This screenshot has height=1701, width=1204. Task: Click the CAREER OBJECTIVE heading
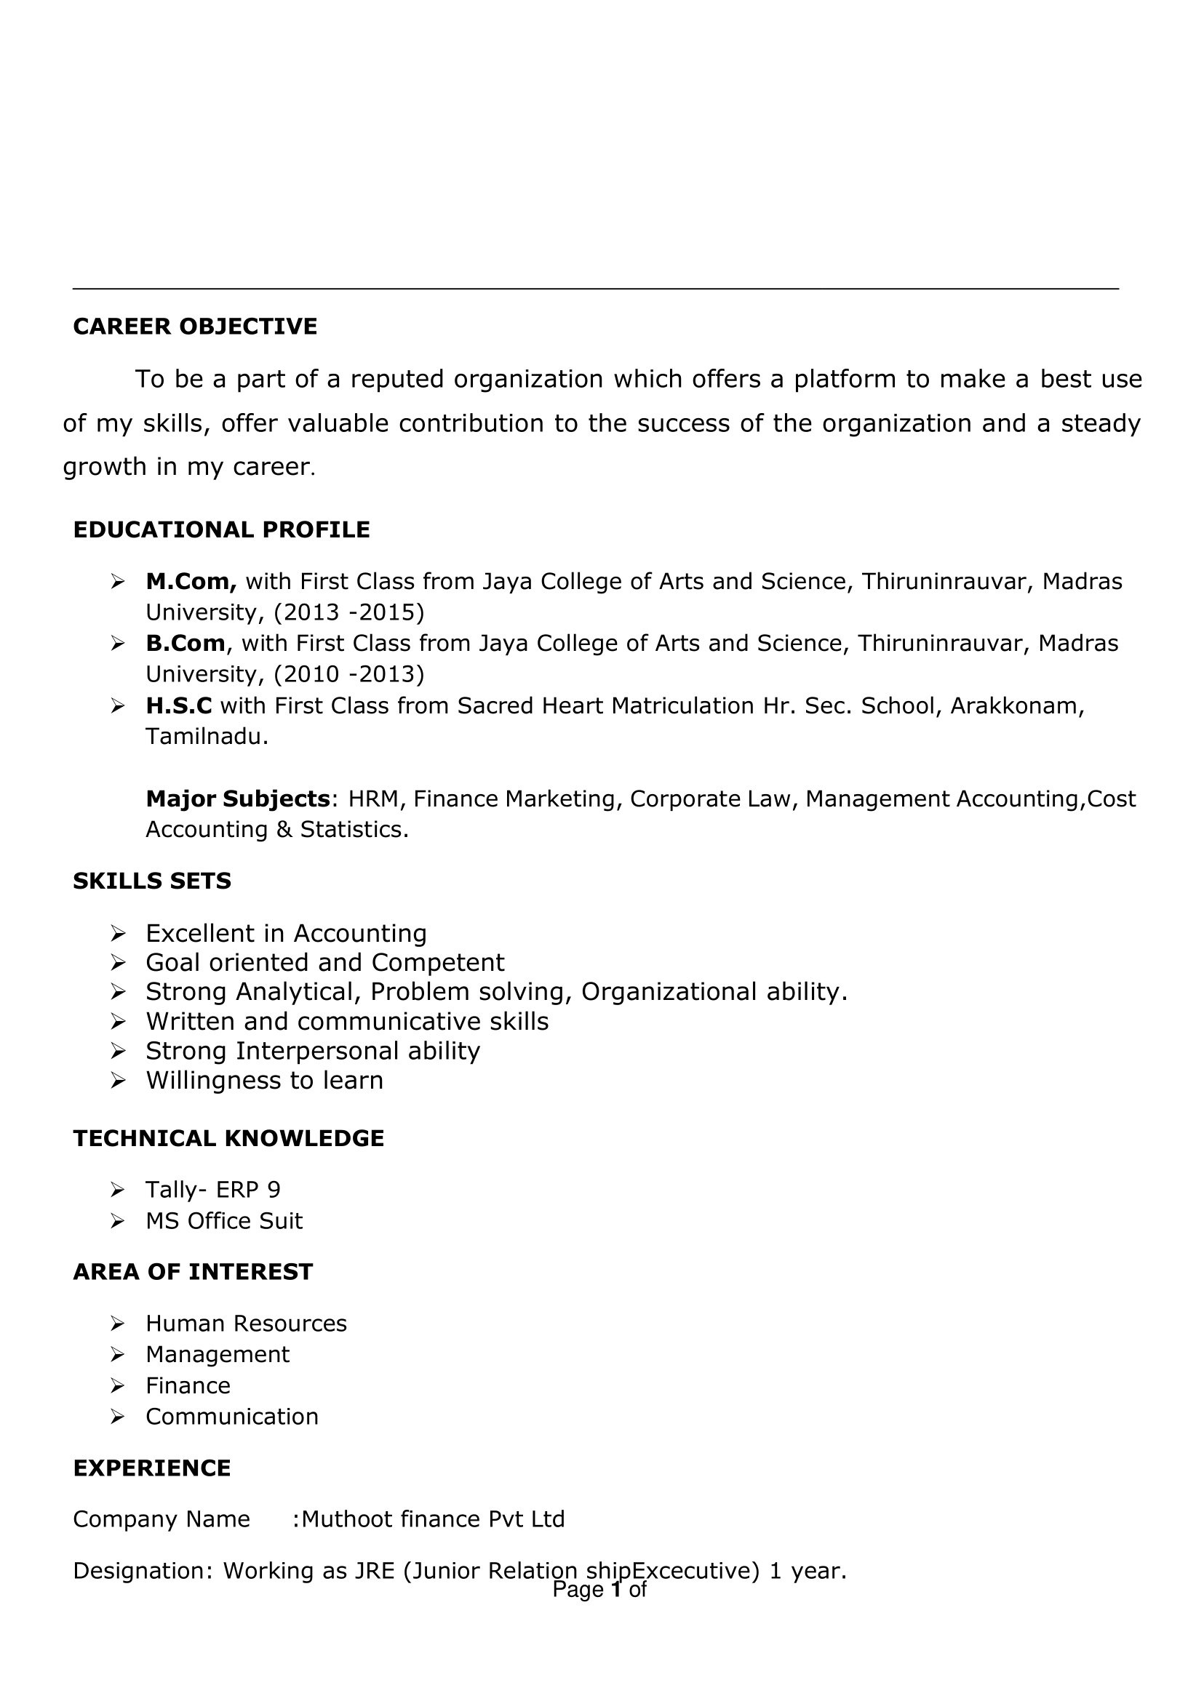click(x=195, y=326)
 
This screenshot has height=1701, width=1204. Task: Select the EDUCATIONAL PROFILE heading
click(x=221, y=529)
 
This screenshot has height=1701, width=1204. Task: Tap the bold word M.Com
click(x=191, y=581)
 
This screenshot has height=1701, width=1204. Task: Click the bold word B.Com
click(x=186, y=643)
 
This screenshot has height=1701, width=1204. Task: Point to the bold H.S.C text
click(x=179, y=705)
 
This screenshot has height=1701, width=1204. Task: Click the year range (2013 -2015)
click(x=348, y=612)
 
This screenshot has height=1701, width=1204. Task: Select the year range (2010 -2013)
click(x=348, y=673)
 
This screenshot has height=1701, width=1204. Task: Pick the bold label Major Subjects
click(x=237, y=799)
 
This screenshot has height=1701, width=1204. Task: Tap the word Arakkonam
click(x=1016, y=705)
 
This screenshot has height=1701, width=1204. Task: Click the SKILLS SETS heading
click(x=152, y=881)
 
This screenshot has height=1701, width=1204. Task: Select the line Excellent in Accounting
click(x=286, y=932)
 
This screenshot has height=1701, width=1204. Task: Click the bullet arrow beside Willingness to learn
click(x=117, y=1081)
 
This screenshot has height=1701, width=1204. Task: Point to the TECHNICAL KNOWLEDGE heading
click(x=228, y=1137)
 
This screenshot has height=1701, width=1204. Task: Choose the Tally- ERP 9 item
click(x=212, y=1190)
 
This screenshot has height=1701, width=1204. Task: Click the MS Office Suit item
click(x=224, y=1221)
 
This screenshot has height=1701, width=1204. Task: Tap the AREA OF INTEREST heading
click(x=193, y=1272)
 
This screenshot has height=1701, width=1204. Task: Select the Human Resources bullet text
click(x=246, y=1323)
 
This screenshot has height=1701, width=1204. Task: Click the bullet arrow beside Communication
click(x=117, y=1417)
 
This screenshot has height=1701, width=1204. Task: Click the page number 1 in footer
click(x=615, y=1589)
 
